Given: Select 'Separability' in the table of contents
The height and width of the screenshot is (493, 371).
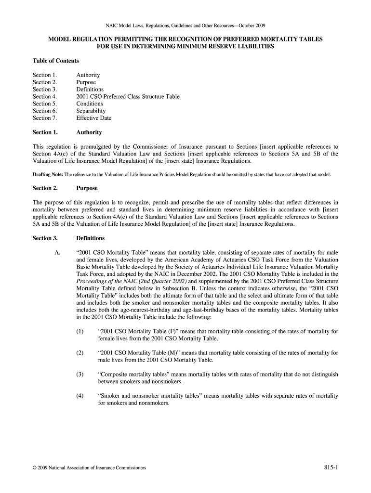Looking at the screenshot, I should pyautogui.click(x=91, y=111).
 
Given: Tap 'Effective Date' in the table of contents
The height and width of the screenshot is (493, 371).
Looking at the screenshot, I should pyautogui.click(x=93, y=118).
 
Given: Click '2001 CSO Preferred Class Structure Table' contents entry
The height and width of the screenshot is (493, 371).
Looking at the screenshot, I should pyautogui.click(x=128, y=96).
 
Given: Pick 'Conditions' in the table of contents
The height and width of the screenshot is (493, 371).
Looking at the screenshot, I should pyautogui.click(x=89, y=104).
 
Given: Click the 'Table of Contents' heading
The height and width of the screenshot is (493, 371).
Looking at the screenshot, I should pyautogui.click(x=55, y=61).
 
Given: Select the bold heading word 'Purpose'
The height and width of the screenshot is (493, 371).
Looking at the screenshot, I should pyautogui.click(x=87, y=188).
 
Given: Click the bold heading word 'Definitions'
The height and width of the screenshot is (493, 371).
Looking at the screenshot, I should pyautogui.click(x=90, y=238).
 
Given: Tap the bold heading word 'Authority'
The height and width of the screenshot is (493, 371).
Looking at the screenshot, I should pyautogui.click(x=89, y=132).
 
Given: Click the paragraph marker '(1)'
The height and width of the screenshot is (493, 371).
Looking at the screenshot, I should pyautogui.click(x=79, y=332).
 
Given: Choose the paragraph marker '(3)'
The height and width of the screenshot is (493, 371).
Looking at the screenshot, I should pyautogui.click(x=79, y=374).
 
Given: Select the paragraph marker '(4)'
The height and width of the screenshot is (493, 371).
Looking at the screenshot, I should pyautogui.click(x=79, y=396).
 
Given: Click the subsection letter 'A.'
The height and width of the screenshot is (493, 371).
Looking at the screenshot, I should pyautogui.click(x=58, y=253).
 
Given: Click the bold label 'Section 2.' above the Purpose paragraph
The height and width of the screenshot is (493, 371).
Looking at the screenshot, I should pyautogui.click(x=45, y=188).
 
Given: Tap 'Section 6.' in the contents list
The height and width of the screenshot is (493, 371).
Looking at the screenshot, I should pyautogui.click(x=45, y=111).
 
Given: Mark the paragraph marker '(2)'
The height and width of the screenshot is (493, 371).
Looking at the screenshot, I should pyautogui.click(x=79, y=353).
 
